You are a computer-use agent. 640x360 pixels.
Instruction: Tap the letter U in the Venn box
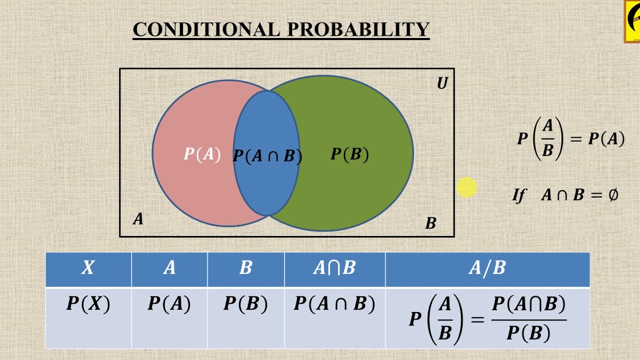(442, 83)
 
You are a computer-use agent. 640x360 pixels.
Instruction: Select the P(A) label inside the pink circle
(202, 154)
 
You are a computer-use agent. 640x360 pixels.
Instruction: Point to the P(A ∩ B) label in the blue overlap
(267, 156)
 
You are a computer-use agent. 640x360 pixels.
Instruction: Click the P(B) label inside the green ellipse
(349, 154)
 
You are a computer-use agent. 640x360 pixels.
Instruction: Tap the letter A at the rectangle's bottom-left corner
(138, 219)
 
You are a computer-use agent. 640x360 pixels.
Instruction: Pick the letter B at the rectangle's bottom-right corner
(430, 223)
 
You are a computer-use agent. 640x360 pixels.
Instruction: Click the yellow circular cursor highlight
(466, 188)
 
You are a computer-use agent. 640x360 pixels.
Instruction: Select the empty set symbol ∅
(613, 194)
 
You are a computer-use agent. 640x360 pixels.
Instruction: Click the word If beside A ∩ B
(519, 195)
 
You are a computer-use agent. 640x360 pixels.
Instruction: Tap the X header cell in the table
(88, 268)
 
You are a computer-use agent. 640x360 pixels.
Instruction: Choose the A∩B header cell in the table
(334, 268)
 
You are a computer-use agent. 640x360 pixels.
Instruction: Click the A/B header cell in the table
(487, 268)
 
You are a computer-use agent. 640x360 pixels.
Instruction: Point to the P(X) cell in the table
(88, 304)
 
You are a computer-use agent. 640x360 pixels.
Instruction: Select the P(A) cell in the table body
(169, 304)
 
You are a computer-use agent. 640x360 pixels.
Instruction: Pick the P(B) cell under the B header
(245, 304)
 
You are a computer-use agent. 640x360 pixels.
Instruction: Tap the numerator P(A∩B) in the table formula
(528, 304)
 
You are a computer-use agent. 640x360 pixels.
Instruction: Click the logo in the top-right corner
(632, 21)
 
